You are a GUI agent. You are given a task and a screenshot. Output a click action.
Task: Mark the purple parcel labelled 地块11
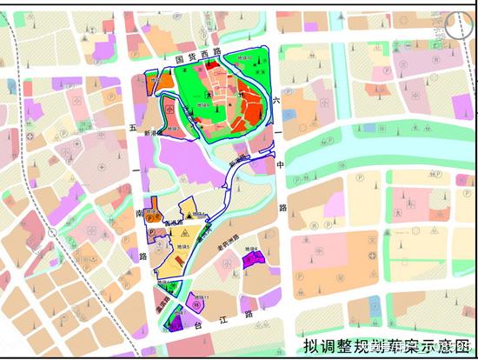point(176,322)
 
